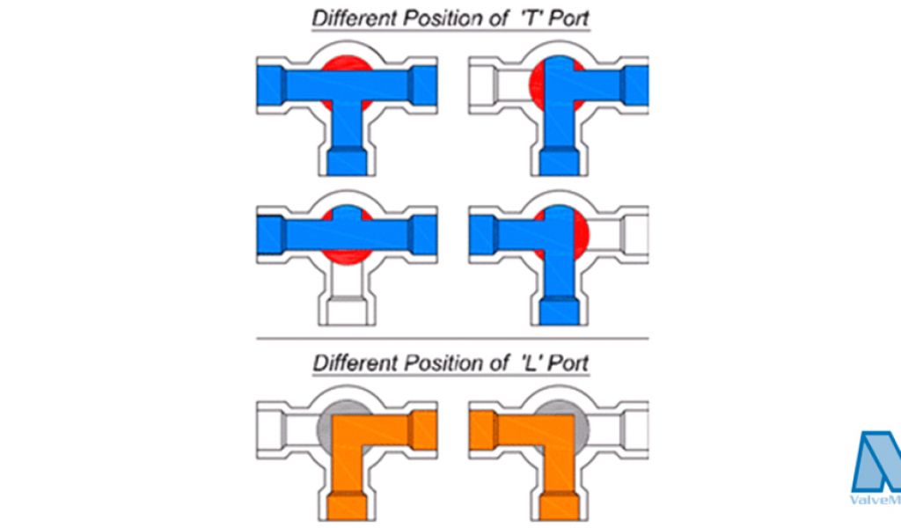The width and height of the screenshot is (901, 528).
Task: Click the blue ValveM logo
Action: tap(876, 462)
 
